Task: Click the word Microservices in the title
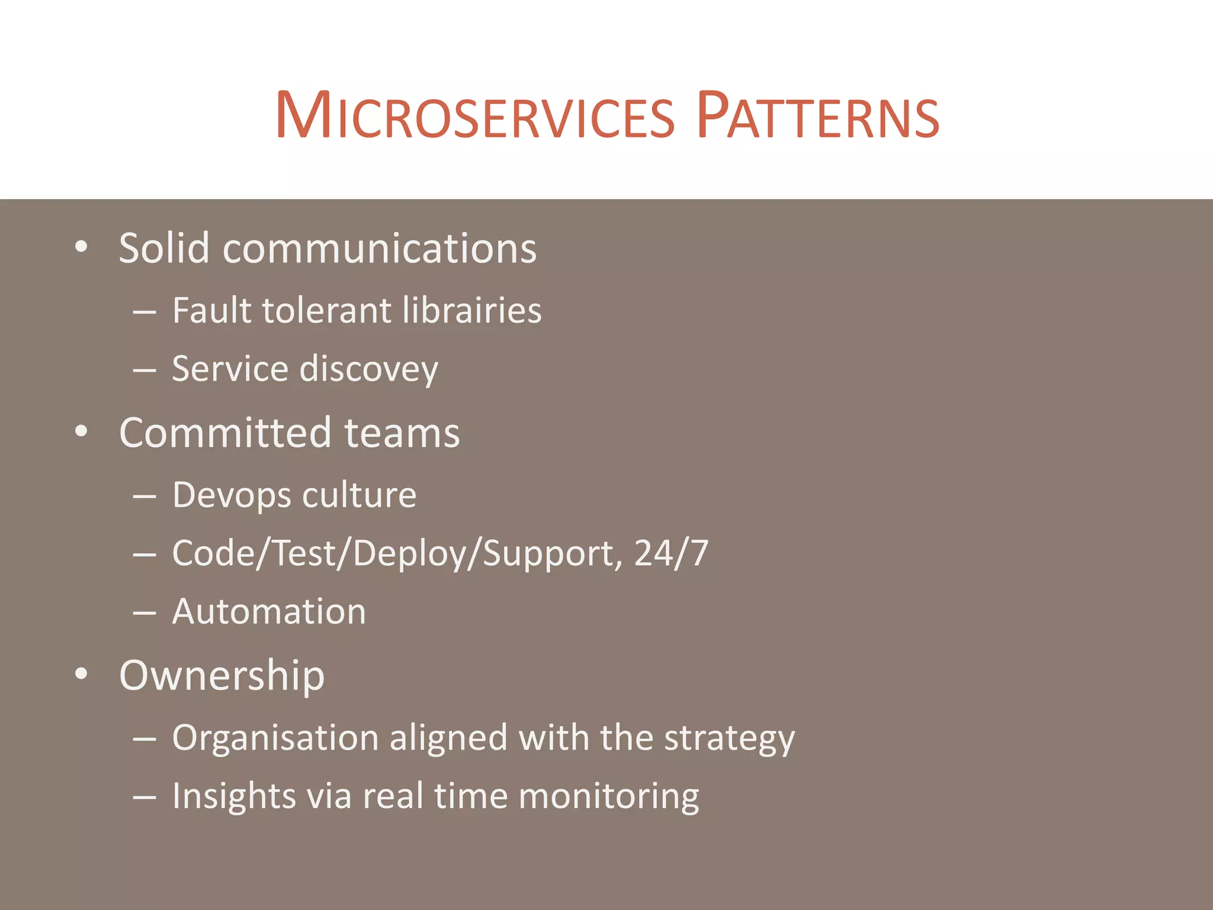pyautogui.click(x=474, y=116)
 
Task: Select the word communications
pyautogui.click(x=380, y=249)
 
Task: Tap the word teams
pyautogui.click(x=402, y=434)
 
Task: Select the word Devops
pyautogui.click(x=230, y=496)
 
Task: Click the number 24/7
pyautogui.click(x=671, y=553)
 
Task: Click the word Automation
pyautogui.click(x=269, y=611)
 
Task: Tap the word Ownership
pyautogui.click(x=222, y=675)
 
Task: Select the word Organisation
pyautogui.click(x=275, y=739)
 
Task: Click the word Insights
pyautogui.click(x=233, y=796)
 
